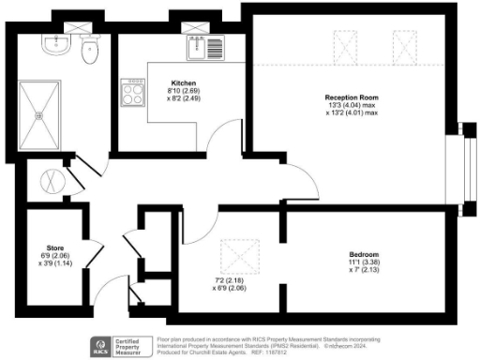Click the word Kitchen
(x=183, y=82)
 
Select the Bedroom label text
(x=363, y=255)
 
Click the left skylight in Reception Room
(x=345, y=44)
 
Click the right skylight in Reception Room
(x=404, y=44)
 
